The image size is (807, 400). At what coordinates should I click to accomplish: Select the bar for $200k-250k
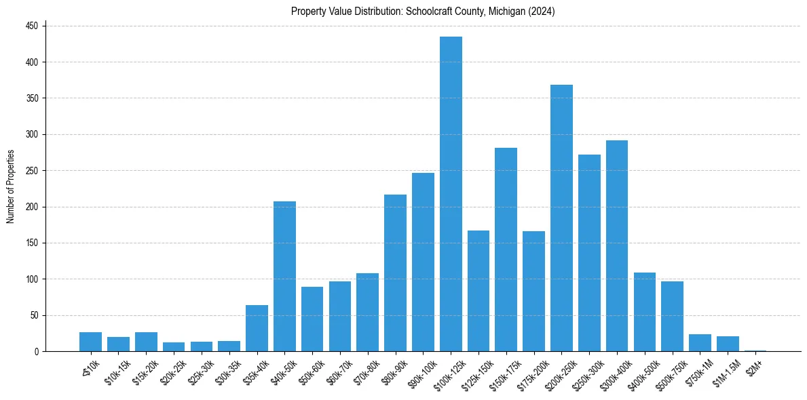(x=561, y=218)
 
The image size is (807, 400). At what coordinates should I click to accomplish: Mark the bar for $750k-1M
(x=700, y=342)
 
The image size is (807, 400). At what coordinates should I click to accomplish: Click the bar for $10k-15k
(x=118, y=344)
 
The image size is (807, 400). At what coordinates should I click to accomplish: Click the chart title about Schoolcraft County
(x=423, y=12)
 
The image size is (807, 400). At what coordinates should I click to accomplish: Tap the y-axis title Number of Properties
(x=10, y=186)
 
